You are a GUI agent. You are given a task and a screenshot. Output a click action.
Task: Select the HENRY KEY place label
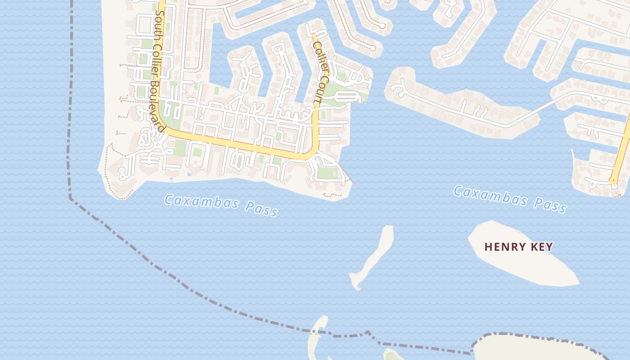click(x=518, y=247)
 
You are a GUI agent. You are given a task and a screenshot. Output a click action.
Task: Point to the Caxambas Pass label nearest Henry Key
click(x=509, y=198)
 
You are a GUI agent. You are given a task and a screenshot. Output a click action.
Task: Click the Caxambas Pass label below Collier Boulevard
click(x=220, y=205)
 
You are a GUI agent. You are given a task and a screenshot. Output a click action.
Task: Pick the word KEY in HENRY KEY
click(x=541, y=247)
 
